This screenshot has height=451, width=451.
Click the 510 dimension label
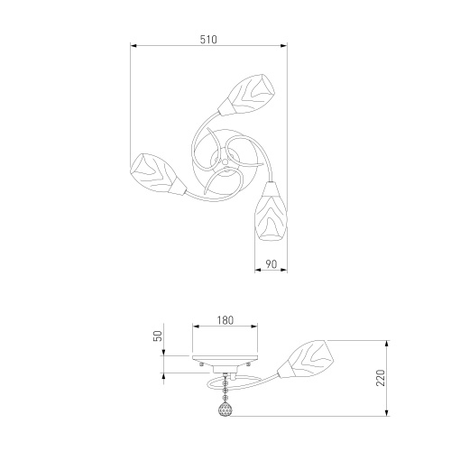coord(208,40)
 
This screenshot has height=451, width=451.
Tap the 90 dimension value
coord(271,264)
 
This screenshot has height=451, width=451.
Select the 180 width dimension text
coord(225,320)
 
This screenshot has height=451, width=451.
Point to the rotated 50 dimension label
coord(158,336)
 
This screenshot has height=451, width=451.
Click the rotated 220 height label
coord(381,378)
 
